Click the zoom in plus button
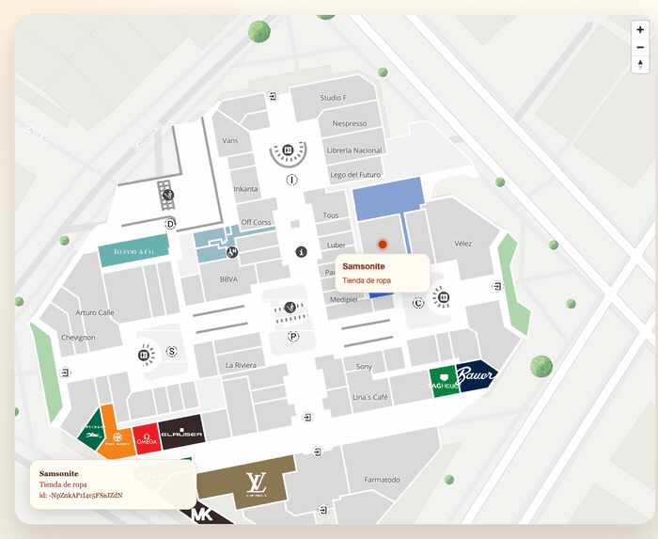pyautogui.click(x=640, y=30)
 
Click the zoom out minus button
pyautogui.click(x=640, y=47)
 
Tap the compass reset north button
pyautogui.click(x=640, y=65)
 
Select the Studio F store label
pyautogui.click(x=333, y=98)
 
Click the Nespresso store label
pyautogui.click(x=350, y=123)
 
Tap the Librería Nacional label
pyautogui.click(x=353, y=150)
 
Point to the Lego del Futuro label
pyautogui.click(x=355, y=174)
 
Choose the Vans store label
pyautogui.click(x=230, y=140)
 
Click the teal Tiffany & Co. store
pyautogui.click(x=133, y=252)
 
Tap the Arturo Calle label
pyautogui.click(x=95, y=312)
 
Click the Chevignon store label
pyautogui.click(x=78, y=337)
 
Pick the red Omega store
pyautogui.click(x=146, y=436)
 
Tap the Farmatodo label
pyautogui.click(x=382, y=479)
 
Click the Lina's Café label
pyautogui.click(x=369, y=397)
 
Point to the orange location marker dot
pyautogui.click(x=383, y=244)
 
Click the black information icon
pyautogui.click(x=302, y=252)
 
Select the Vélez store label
pyautogui.click(x=462, y=243)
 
